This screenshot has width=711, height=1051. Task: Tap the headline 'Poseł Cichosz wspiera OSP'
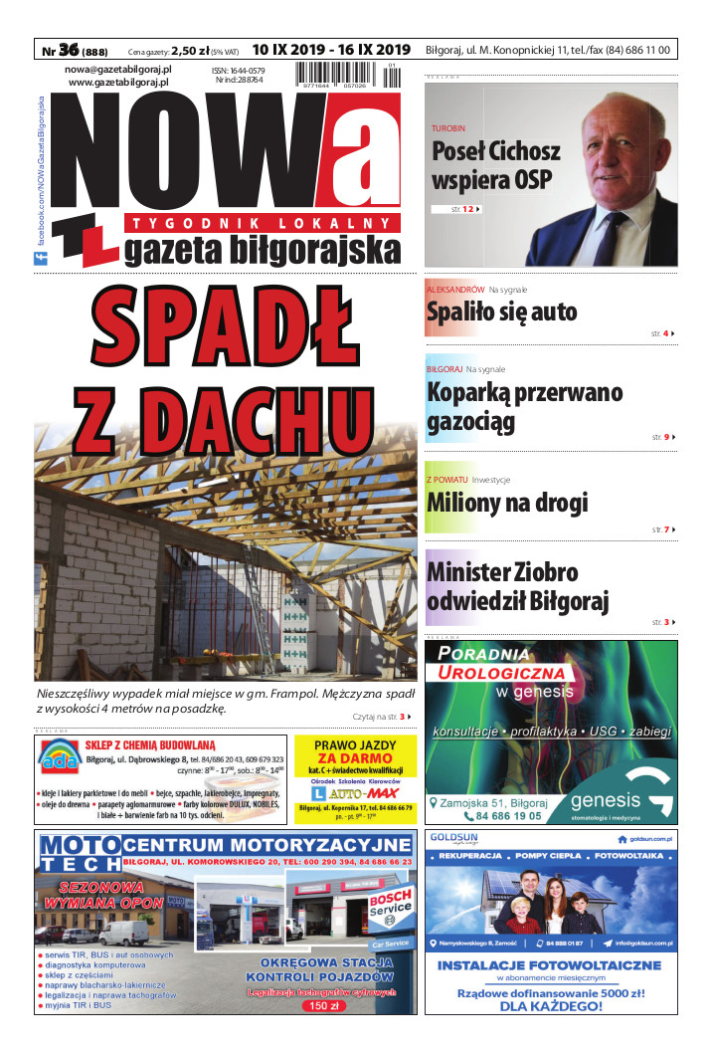pos(495,165)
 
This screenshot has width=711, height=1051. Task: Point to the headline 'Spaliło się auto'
pos(501,312)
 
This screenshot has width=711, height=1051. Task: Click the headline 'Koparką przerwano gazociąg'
pos(524,406)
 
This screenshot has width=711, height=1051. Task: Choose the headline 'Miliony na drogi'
pos(507,502)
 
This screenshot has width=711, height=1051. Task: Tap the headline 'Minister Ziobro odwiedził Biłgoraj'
pos(517,587)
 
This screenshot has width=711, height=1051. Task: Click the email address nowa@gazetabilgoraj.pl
pos(118,70)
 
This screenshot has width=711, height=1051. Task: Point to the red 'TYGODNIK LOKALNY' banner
pos(263,222)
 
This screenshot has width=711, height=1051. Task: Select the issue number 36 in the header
pos(69,49)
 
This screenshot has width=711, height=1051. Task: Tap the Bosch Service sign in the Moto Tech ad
pos(390,901)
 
